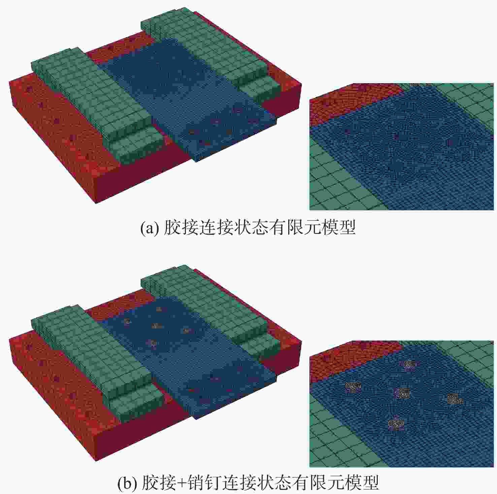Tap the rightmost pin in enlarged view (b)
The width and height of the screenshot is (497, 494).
(x=454, y=399)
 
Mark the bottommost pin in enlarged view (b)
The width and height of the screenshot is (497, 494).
(x=396, y=423)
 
